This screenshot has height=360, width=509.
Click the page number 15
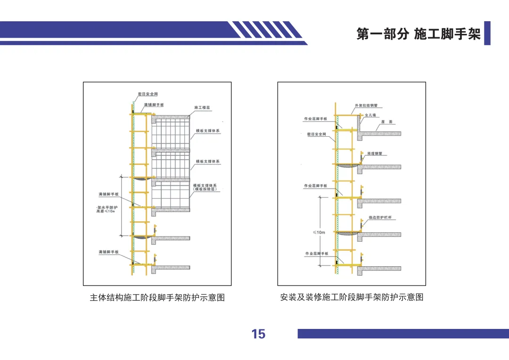coord(258,334)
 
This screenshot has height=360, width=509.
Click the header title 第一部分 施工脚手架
coord(419,34)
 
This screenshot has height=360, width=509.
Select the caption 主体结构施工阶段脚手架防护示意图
coord(157,298)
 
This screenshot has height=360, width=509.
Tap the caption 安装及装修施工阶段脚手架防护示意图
coord(352,298)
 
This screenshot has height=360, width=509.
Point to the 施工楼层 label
coord(202,108)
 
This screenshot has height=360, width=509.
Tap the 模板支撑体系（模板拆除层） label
coord(205,187)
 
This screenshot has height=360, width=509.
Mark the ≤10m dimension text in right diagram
coord(319,232)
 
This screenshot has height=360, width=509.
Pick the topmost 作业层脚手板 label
coord(315,119)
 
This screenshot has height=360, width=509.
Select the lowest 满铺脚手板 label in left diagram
coord(108,253)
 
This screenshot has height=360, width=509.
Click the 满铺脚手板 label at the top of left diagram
coord(154,104)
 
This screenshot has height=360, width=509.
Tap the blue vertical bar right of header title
coord(487,33)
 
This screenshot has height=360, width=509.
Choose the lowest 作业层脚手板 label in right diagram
coord(317,254)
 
